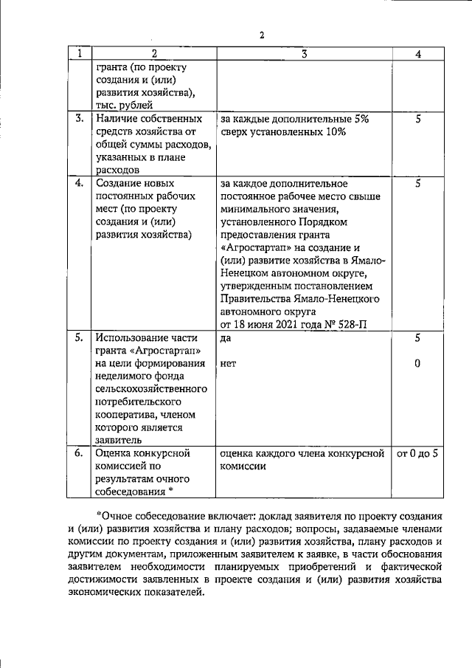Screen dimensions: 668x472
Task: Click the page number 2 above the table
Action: point(261,35)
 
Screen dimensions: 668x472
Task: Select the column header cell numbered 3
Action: point(304,54)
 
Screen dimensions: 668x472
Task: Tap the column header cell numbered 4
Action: point(418,54)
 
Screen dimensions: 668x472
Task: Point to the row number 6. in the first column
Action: point(79,453)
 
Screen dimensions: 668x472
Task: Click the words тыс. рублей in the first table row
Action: point(125,106)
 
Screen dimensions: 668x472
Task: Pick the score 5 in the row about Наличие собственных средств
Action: point(418,118)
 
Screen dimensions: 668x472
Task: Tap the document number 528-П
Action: point(353,324)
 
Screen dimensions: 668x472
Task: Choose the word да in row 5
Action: point(226,337)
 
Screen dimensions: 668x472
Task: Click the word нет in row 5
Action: point(228,364)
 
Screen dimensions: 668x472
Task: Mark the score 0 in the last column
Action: point(418,363)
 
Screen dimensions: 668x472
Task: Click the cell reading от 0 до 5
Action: point(418,453)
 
